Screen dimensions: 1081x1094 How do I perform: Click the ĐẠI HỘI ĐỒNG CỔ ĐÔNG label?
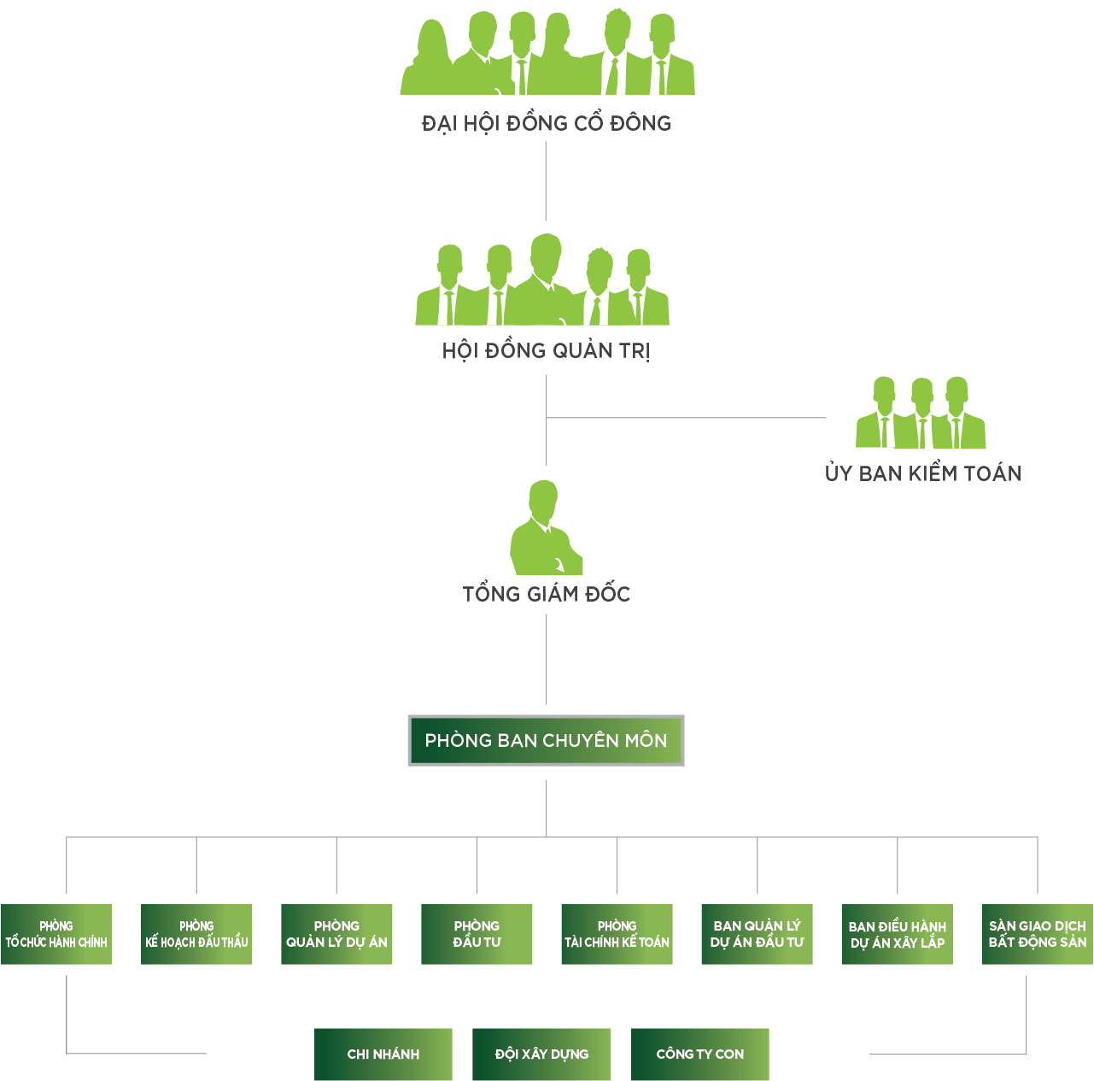(x=547, y=124)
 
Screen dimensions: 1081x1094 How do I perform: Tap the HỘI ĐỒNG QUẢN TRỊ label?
(x=546, y=351)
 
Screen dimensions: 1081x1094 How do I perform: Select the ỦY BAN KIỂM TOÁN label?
(x=922, y=473)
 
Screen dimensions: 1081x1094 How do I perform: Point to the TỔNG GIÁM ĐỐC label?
(x=547, y=594)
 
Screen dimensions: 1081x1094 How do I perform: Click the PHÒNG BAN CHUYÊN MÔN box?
(x=546, y=740)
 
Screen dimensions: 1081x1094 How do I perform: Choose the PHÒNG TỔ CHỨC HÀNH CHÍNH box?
(x=56, y=934)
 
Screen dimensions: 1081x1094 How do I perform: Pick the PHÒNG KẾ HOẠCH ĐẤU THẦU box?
(x=196, y=934)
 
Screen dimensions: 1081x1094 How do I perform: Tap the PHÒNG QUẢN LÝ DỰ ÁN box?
(x=336, y=934)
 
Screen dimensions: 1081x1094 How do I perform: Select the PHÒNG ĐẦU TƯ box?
(x=477, y=934)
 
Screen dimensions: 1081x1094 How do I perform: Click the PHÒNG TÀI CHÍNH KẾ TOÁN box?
(x=617, y=934)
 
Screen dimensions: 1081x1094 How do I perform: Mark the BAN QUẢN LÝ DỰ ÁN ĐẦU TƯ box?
(x=757, y=934)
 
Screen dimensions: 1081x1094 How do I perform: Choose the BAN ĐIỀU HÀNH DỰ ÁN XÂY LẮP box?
(x=897, y=934)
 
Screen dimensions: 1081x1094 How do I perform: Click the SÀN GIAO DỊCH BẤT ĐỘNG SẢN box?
(x=1037, y=934)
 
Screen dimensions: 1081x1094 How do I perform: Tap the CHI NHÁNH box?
(x=383, y=1055)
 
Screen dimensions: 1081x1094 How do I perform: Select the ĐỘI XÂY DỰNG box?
(x=541, y=1055)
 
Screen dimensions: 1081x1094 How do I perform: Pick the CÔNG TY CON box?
(x=700, y=1055)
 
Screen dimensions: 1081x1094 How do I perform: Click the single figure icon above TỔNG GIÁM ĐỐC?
(x=545, y=530)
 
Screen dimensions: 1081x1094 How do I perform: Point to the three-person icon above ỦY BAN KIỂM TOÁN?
(x=921, y=414)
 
